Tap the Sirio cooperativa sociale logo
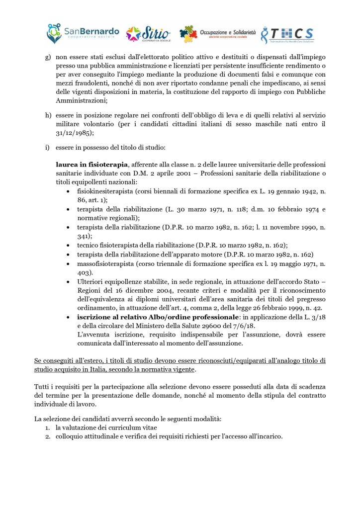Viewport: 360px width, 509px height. pyautogui.click(x=148, y=34)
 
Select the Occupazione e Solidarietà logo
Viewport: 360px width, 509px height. pyautogui.click(x=217, y=34)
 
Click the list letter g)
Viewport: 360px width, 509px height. pyautogui.click(x=48, y=57)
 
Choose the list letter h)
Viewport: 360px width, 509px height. pyautogui.click(x=48, y=116)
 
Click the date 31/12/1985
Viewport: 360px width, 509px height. pyautogui.click(x=74, y=133)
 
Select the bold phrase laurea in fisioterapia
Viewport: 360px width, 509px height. pyautogui.click(x=92, y=165)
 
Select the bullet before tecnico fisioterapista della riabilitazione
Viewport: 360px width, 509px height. pyautogui.click(x=68, y=245)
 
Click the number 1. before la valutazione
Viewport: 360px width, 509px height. pyautogui.click(x=49, y=427)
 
